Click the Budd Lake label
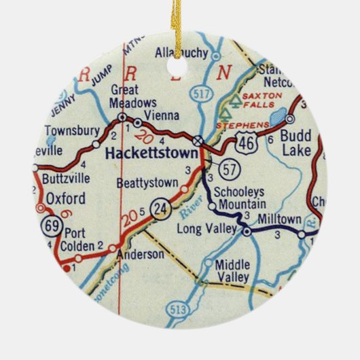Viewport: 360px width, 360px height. pos(297,143)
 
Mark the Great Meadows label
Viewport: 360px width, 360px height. pos(124,96)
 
